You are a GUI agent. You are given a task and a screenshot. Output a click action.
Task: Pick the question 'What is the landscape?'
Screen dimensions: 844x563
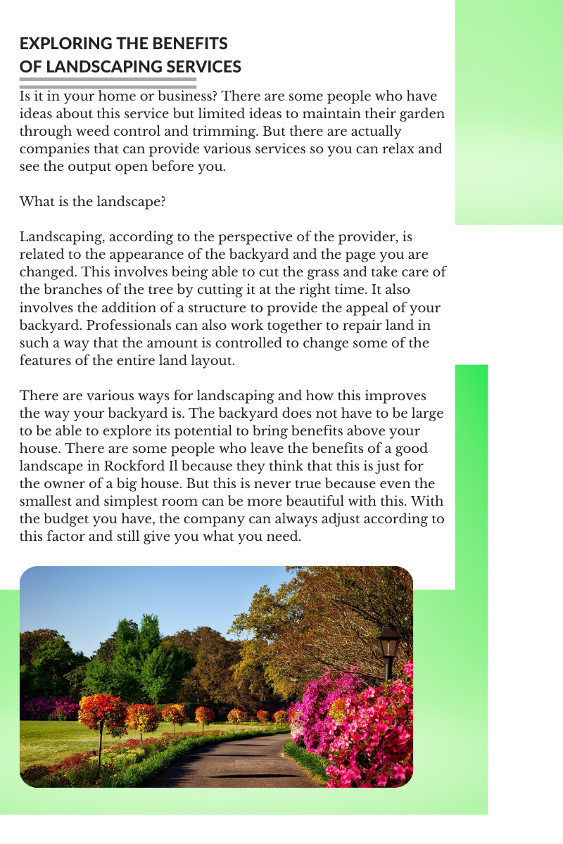coord(92,202)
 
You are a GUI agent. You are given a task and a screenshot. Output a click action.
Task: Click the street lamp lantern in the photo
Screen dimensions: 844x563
coord(389,640)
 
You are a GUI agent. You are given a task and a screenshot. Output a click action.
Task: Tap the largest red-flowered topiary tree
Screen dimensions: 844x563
coord(103,712)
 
